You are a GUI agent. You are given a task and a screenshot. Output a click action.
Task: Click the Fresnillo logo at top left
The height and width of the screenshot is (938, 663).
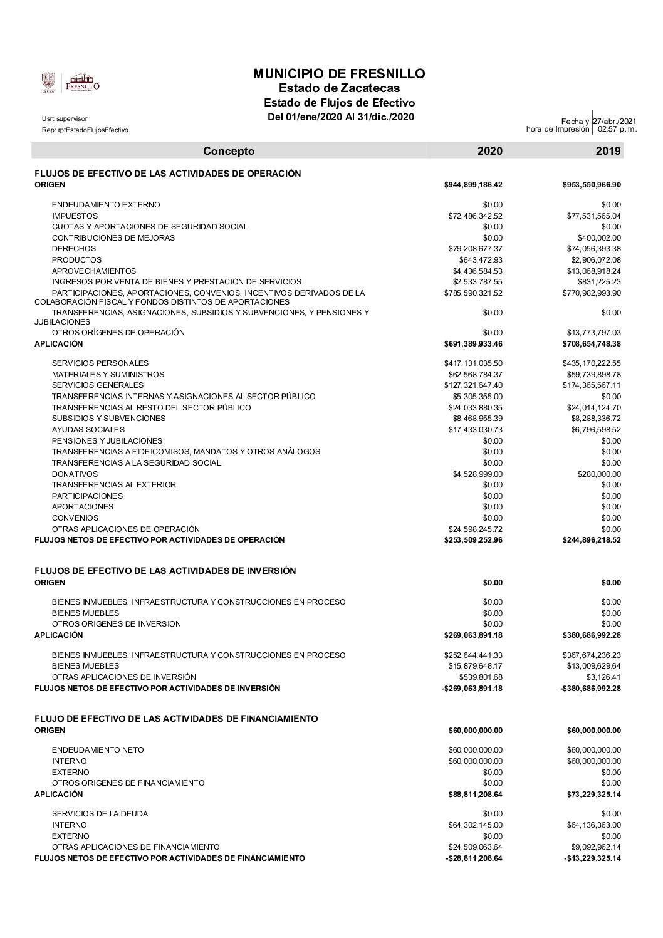pyautogui.click(x=70, y=83)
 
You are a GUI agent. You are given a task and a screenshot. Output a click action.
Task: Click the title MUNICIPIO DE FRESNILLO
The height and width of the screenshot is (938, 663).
pyautogui.click(x=339, y=74)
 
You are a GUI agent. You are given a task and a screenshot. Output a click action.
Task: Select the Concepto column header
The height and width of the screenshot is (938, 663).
pyautogui.click(x=229, y=151)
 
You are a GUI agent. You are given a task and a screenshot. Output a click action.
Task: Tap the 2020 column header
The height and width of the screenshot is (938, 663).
pyautogui.click(x=490, y=151)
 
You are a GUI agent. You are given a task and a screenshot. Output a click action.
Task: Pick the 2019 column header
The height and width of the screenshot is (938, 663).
pyautogui.click(x=608, y=151)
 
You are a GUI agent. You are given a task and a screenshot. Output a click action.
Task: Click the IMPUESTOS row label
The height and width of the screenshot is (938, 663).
pyautogui.click(x=75, y=216)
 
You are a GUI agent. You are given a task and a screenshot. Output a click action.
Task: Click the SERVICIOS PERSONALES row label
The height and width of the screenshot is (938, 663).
pyautogui.click(x=100, y=363)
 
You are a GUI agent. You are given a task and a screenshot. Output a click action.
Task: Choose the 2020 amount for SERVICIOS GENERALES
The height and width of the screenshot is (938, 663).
pyautogui.click(x=473, y=385)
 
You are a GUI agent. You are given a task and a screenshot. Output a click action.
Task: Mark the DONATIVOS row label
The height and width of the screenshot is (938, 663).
pyautogui.click(x=75, y=474)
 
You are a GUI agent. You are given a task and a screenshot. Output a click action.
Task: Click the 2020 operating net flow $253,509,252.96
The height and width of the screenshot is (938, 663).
pyautogui.click(x=473, y=540)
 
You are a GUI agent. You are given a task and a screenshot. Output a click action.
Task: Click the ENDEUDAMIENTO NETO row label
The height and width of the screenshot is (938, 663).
pyautogui.click(x=98, y=750)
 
